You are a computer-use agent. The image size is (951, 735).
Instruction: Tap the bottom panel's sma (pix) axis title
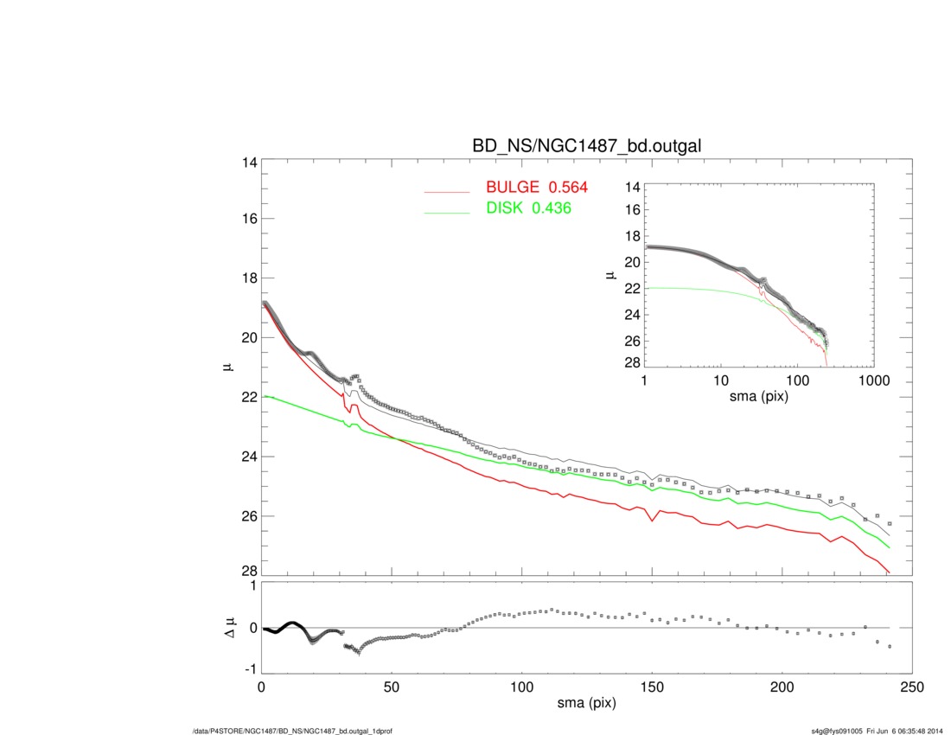[586, 705]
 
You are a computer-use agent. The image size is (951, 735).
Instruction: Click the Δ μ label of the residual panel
[229, 630]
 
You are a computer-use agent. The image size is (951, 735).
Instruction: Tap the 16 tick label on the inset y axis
[630, 209]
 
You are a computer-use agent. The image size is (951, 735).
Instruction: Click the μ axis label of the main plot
[227, 367]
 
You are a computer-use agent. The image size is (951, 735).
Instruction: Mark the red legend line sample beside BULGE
[446, 190]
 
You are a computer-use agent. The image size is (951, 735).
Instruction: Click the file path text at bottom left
[294, 732]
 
